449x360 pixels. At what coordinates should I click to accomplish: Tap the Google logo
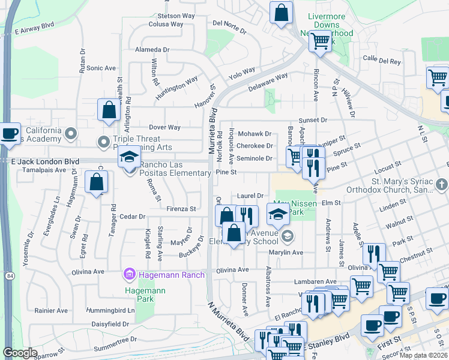[x=20, y=353]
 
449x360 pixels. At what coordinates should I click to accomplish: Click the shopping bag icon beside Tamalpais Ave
[x=96, y=183]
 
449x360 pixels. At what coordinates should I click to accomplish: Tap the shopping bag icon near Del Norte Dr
[x=280, y=13]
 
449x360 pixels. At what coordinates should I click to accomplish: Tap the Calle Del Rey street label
[x=382, y=60]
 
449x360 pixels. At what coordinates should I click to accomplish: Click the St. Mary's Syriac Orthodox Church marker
[x=441, y=183]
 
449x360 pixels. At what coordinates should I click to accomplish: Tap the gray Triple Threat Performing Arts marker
[x=101, y=142]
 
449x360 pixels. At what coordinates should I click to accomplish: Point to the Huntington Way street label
[x=177, y=88]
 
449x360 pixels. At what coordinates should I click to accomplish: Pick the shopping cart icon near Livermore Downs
[x=320, y=41]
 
